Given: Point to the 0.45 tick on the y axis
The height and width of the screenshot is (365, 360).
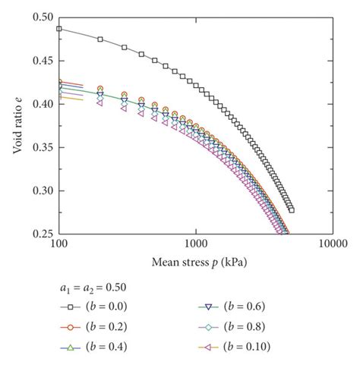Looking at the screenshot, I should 43,60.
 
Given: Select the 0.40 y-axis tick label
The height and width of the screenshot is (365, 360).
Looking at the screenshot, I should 43,104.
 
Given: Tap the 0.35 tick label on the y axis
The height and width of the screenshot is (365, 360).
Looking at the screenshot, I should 43,147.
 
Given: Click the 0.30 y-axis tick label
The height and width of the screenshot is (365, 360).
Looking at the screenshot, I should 43,190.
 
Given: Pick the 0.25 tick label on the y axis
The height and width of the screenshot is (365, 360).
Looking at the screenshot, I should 43,234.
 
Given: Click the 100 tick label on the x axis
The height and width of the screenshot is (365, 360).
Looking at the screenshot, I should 60,246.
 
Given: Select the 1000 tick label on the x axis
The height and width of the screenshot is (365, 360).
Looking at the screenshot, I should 196,246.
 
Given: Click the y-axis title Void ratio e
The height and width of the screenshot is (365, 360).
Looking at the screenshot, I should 17,125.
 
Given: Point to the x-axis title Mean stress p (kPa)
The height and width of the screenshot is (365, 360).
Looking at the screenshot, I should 196,263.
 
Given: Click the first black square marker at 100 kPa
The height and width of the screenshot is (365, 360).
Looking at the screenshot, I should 60,28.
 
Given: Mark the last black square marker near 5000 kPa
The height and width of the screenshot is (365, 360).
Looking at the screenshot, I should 291,210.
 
